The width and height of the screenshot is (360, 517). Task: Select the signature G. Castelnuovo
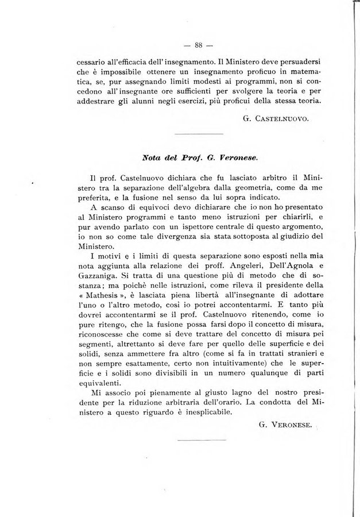(x=276, y=119)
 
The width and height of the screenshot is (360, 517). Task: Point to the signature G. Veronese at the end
(x=284, y=425)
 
